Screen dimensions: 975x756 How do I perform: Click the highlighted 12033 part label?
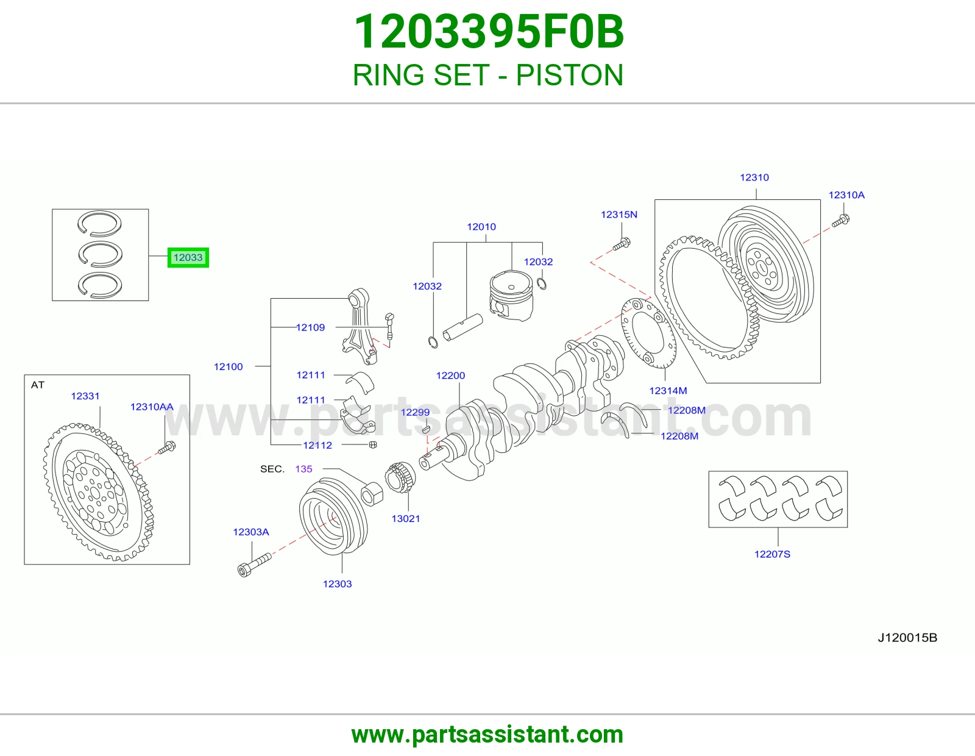[188, 258]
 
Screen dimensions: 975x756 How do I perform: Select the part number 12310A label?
[846, 195]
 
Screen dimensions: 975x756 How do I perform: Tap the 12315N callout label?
[619, 215]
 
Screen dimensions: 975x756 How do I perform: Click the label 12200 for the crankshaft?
[450, 376]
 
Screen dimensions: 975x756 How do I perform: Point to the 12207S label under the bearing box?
[772, 554]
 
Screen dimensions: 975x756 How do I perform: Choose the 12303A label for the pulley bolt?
[251, 532]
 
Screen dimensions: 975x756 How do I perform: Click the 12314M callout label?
[668, 391]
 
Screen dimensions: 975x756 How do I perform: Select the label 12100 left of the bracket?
[228, 367]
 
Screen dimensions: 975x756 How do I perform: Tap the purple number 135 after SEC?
[303, 469]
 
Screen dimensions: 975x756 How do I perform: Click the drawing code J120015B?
[907, 638]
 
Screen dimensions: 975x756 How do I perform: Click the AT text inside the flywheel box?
[38, 385]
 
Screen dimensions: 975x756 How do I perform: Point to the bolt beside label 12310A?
[840, 221]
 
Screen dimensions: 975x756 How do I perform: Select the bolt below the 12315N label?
[622, 244]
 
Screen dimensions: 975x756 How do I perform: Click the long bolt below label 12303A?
[254, 565]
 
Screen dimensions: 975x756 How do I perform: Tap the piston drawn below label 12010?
[511, 296]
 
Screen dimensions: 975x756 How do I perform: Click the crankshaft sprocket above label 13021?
[400, 477]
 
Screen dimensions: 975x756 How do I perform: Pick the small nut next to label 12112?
[372, 444]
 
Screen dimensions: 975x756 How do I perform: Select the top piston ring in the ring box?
[99, 223]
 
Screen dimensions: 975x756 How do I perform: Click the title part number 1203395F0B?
[489, 32]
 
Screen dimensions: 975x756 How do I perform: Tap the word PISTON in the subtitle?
[569, 75]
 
